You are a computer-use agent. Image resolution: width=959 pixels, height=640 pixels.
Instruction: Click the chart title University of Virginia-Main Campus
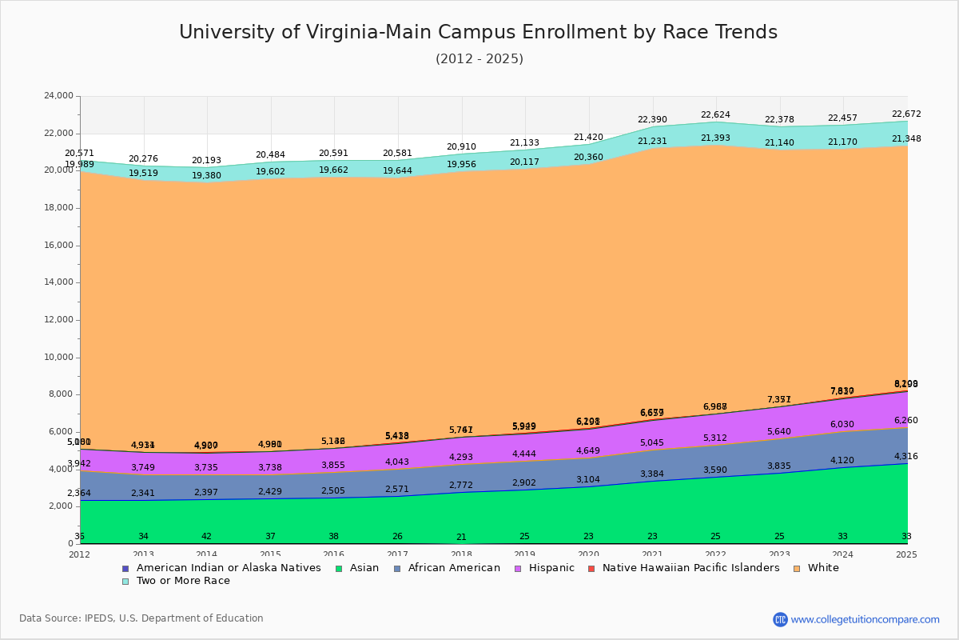point(478,32)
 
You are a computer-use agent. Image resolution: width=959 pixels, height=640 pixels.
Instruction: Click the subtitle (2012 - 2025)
point(479,59)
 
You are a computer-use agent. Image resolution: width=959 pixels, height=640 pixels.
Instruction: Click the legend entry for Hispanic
point(545,568)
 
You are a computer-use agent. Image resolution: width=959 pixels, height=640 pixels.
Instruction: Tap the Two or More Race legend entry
point(182,581)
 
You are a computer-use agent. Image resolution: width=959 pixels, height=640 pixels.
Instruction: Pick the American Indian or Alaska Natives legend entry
point(229,568)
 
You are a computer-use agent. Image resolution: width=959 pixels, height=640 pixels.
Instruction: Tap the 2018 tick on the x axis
point(461,554)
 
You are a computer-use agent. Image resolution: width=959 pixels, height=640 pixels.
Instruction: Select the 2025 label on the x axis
point(906,554)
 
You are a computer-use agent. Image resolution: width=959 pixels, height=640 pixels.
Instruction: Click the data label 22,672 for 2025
point(905,114)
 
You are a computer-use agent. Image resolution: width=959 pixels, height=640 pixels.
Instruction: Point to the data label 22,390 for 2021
point(653,120)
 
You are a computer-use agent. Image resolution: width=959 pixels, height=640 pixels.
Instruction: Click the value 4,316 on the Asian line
point(905,457)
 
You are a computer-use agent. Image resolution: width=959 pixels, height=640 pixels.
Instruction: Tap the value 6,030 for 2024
point(842,425)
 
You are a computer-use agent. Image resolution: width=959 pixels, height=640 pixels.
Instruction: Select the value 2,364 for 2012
point(78,494)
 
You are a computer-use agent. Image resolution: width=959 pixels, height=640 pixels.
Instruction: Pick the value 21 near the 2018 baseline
point(461,538)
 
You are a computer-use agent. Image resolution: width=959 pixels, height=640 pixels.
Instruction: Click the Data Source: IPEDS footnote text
point(141,618)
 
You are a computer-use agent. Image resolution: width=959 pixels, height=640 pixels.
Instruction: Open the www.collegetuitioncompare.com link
point(865,619)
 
